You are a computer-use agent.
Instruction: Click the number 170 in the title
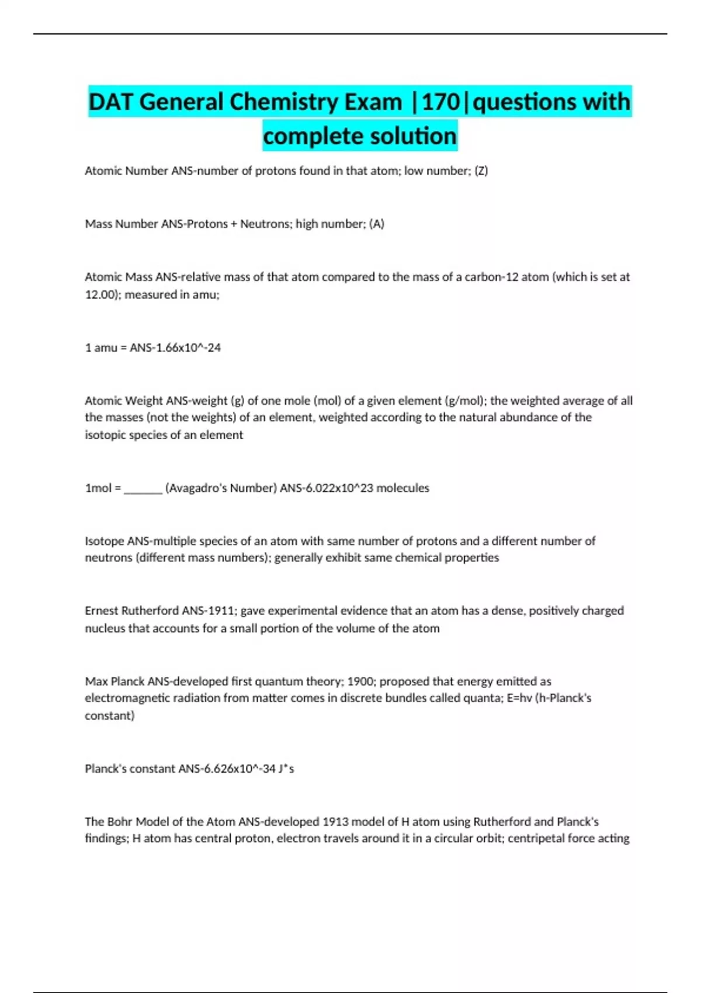(x=441, y=102)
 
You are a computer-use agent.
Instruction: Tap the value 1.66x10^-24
(x=181, y=348)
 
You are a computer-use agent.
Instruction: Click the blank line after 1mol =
(x=143, y=488)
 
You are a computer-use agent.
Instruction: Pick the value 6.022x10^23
(x=339, y=488)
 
